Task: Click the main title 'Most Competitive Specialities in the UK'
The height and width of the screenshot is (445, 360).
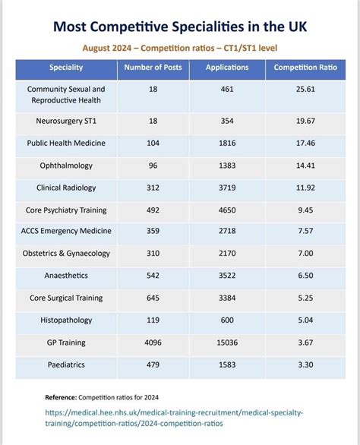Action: (180, 27)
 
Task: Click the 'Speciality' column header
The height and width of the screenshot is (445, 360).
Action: (66, 68)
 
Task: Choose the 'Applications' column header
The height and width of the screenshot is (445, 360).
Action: (227, 68)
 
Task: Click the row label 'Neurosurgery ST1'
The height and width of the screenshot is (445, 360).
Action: (66, 120)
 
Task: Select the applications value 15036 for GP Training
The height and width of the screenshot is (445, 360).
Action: (227, 342)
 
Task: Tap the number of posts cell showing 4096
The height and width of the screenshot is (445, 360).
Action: (153, 342)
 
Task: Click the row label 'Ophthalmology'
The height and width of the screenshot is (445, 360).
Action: (66, 165)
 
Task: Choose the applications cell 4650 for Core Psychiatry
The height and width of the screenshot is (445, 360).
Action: (227, 209)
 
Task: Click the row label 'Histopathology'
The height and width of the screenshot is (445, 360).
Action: (66, 320)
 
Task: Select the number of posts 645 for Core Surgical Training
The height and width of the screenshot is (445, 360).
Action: (153, 298)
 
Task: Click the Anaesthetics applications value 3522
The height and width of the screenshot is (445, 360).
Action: (227, 276)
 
